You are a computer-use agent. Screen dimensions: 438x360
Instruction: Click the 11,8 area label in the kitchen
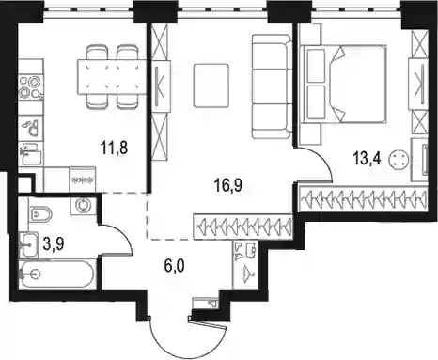point(114,148)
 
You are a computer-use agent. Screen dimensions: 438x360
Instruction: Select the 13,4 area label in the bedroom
point(367,159)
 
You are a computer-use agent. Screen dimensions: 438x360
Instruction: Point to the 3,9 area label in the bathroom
point(54,244)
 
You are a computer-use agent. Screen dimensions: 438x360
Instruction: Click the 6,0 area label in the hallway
point(174,266)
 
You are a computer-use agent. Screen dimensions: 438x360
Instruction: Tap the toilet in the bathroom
point(39,213)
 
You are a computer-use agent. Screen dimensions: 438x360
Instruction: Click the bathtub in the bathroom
point(56,274)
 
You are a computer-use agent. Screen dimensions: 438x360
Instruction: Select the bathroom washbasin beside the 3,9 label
point(28,245)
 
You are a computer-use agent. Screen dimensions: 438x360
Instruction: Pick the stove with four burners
point(30,86)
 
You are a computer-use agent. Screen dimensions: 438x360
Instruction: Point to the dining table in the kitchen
point(112,77)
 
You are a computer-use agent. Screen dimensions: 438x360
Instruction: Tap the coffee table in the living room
point(211,86)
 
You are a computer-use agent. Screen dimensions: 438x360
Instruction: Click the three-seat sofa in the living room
point(272,86)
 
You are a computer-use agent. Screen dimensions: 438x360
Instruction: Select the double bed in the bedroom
point(343,84)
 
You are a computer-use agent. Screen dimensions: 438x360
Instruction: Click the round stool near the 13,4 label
point(399,161)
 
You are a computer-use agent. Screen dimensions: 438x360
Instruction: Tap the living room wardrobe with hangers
point(243,227)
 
